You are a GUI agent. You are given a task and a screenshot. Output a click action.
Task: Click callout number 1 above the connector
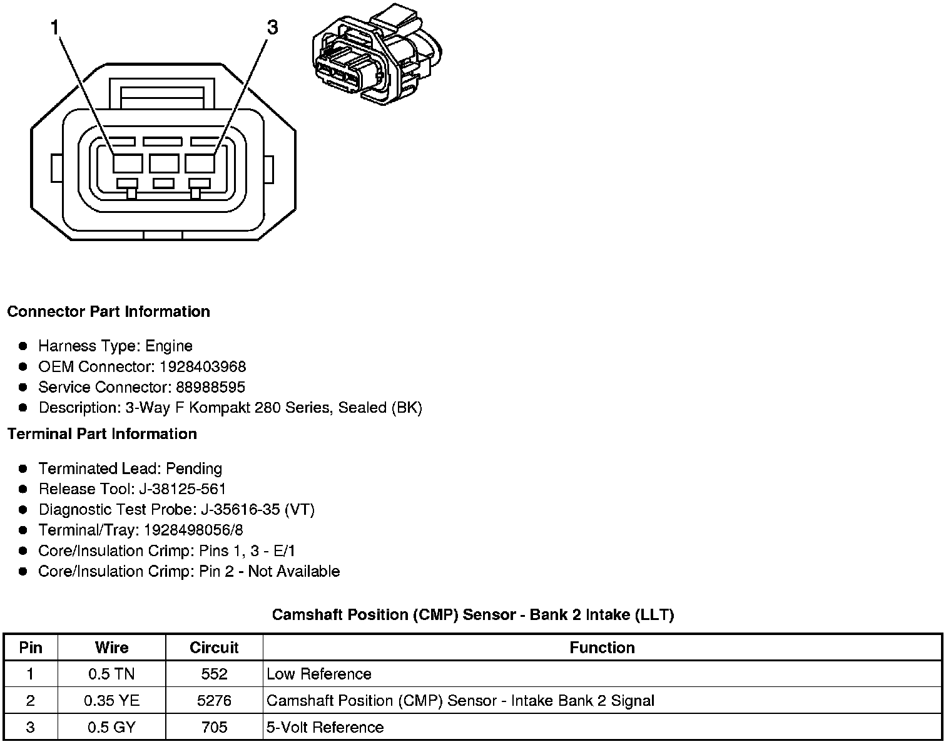click(x=56, y=28)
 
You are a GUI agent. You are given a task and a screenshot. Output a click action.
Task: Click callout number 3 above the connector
click(x=272, y=28)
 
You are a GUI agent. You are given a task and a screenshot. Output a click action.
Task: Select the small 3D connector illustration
click(x=377, y=56)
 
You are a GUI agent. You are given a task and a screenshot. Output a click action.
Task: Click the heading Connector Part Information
click(x=108, y=312)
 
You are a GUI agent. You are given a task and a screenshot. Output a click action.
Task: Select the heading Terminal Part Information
click(x=102, y=434)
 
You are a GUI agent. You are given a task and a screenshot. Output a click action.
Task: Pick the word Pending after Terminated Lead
click(x=194, y=468)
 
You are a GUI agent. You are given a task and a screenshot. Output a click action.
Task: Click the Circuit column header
click(x=214, y=648)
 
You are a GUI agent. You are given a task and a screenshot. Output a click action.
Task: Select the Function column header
click(x=602, y=648)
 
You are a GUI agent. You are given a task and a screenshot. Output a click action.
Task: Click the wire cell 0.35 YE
click(x=111, y=701)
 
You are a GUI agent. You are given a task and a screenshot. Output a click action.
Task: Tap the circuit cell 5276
click(x=214, y=701)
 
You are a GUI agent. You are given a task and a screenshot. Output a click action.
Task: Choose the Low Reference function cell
click(x=319, y=674)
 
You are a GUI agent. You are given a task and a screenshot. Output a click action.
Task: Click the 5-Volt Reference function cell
click(x=325, y=728)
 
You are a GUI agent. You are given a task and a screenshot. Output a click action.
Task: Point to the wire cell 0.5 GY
click(x=111, y=728)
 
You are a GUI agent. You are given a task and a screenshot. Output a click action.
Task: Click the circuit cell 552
click(x=214, y=674)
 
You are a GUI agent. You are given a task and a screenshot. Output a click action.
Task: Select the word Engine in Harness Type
click(x=169, y=346)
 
